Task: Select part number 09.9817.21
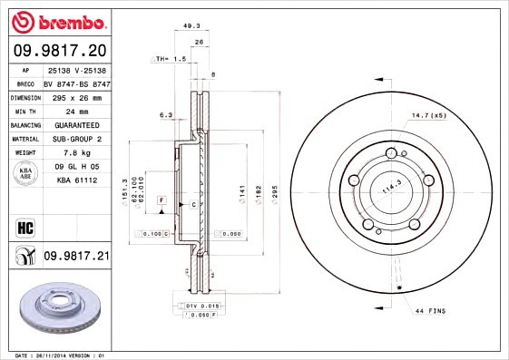(x=75, y=257)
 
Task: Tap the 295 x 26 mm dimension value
(x=75, y=97)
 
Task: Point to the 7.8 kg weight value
(x=75, y=153)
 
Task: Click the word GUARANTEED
(x=75, y=125)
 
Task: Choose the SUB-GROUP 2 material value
(x=75, y=139)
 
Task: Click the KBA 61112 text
(x=75, y=181)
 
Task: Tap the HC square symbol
(x=25, y=227)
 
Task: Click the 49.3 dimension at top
(x=191, y=26)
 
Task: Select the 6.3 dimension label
(x=165, y=115)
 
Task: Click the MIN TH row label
(x=24, y=111)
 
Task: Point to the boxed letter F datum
(x=162, y=199)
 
